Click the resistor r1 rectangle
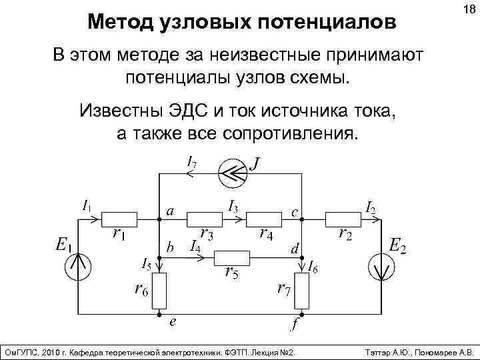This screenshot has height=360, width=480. (119, 218)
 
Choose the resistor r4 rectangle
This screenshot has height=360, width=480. (265, 218)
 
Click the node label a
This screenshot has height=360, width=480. (171, 212)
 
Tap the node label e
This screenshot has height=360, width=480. (173, 322)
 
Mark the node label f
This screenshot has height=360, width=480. (294, 326)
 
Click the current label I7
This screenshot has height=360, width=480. (191, 161)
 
